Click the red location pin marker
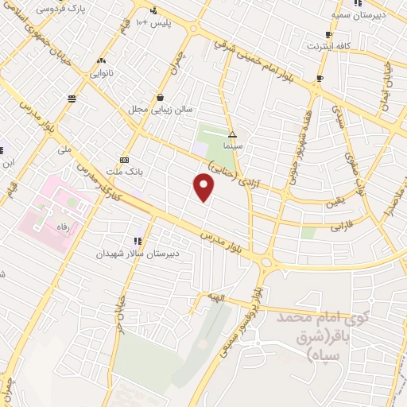(x=204, y=188)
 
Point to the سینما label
(x=232, y=146)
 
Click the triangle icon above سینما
(x=233, y=134)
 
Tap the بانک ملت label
(x=122, y=170)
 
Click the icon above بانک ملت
(x=123, y=158)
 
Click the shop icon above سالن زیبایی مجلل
(x=160, y=98)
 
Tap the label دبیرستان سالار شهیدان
(x=134, y=254)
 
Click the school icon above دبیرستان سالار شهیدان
(x=138, y=239)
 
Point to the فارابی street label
(x=345, y=225)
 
